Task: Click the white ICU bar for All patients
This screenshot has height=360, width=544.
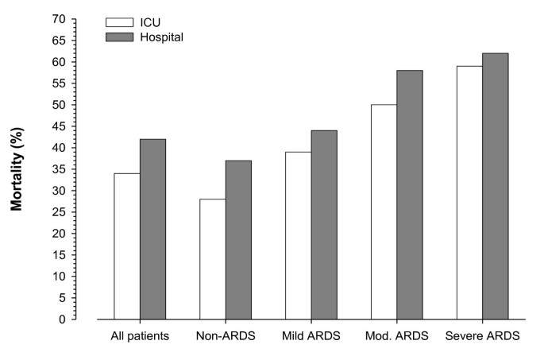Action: [127, 246]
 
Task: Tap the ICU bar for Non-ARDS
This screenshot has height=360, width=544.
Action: [212, 259]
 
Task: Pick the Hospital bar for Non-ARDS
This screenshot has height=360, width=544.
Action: [238, 240]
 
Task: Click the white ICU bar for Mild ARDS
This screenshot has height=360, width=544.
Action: [298, 235]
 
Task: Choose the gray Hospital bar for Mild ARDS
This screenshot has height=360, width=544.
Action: [324, 225]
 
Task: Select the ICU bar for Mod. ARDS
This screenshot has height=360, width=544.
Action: [384, 212]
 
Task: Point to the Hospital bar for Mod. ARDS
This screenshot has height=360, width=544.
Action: [410, 195]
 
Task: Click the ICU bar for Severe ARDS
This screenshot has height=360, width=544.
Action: [469, 192]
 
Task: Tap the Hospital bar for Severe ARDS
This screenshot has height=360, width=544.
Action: [495, 186]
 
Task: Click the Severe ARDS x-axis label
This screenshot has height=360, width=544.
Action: [482, 336]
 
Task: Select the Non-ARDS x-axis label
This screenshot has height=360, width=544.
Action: [225, 336]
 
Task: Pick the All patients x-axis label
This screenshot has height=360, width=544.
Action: [140, 336]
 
